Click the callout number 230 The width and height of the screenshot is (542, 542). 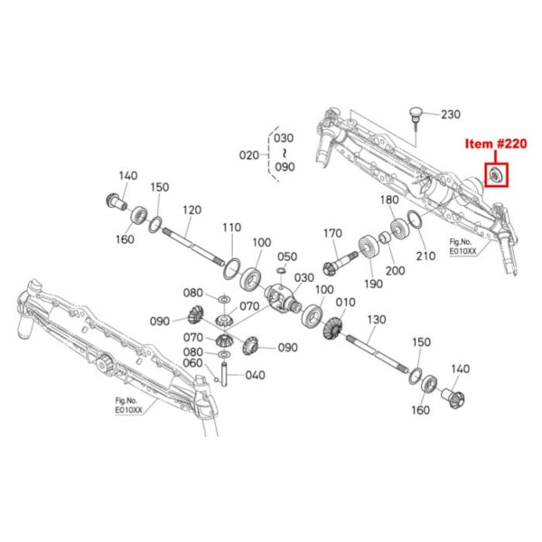tap(449, 115)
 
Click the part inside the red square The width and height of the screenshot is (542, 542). tap(496, 173)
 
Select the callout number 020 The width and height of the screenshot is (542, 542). tap(249, 154)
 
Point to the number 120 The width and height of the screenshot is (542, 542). tap(191, 209)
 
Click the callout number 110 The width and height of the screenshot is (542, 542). tap(232, 227)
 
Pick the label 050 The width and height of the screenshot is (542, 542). tap(286, 257)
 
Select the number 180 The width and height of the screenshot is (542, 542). tap(389, 200)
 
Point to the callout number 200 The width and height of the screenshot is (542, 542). tap(396, 270)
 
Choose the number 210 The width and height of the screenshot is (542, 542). tap(425, 256)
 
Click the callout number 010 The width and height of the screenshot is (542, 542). tap(345, 302)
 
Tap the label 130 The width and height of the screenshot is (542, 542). tap(376, 320)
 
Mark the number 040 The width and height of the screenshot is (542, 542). tap(255, 374)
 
